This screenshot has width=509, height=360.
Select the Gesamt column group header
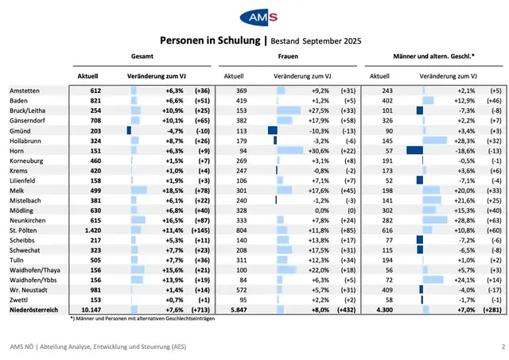142,58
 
